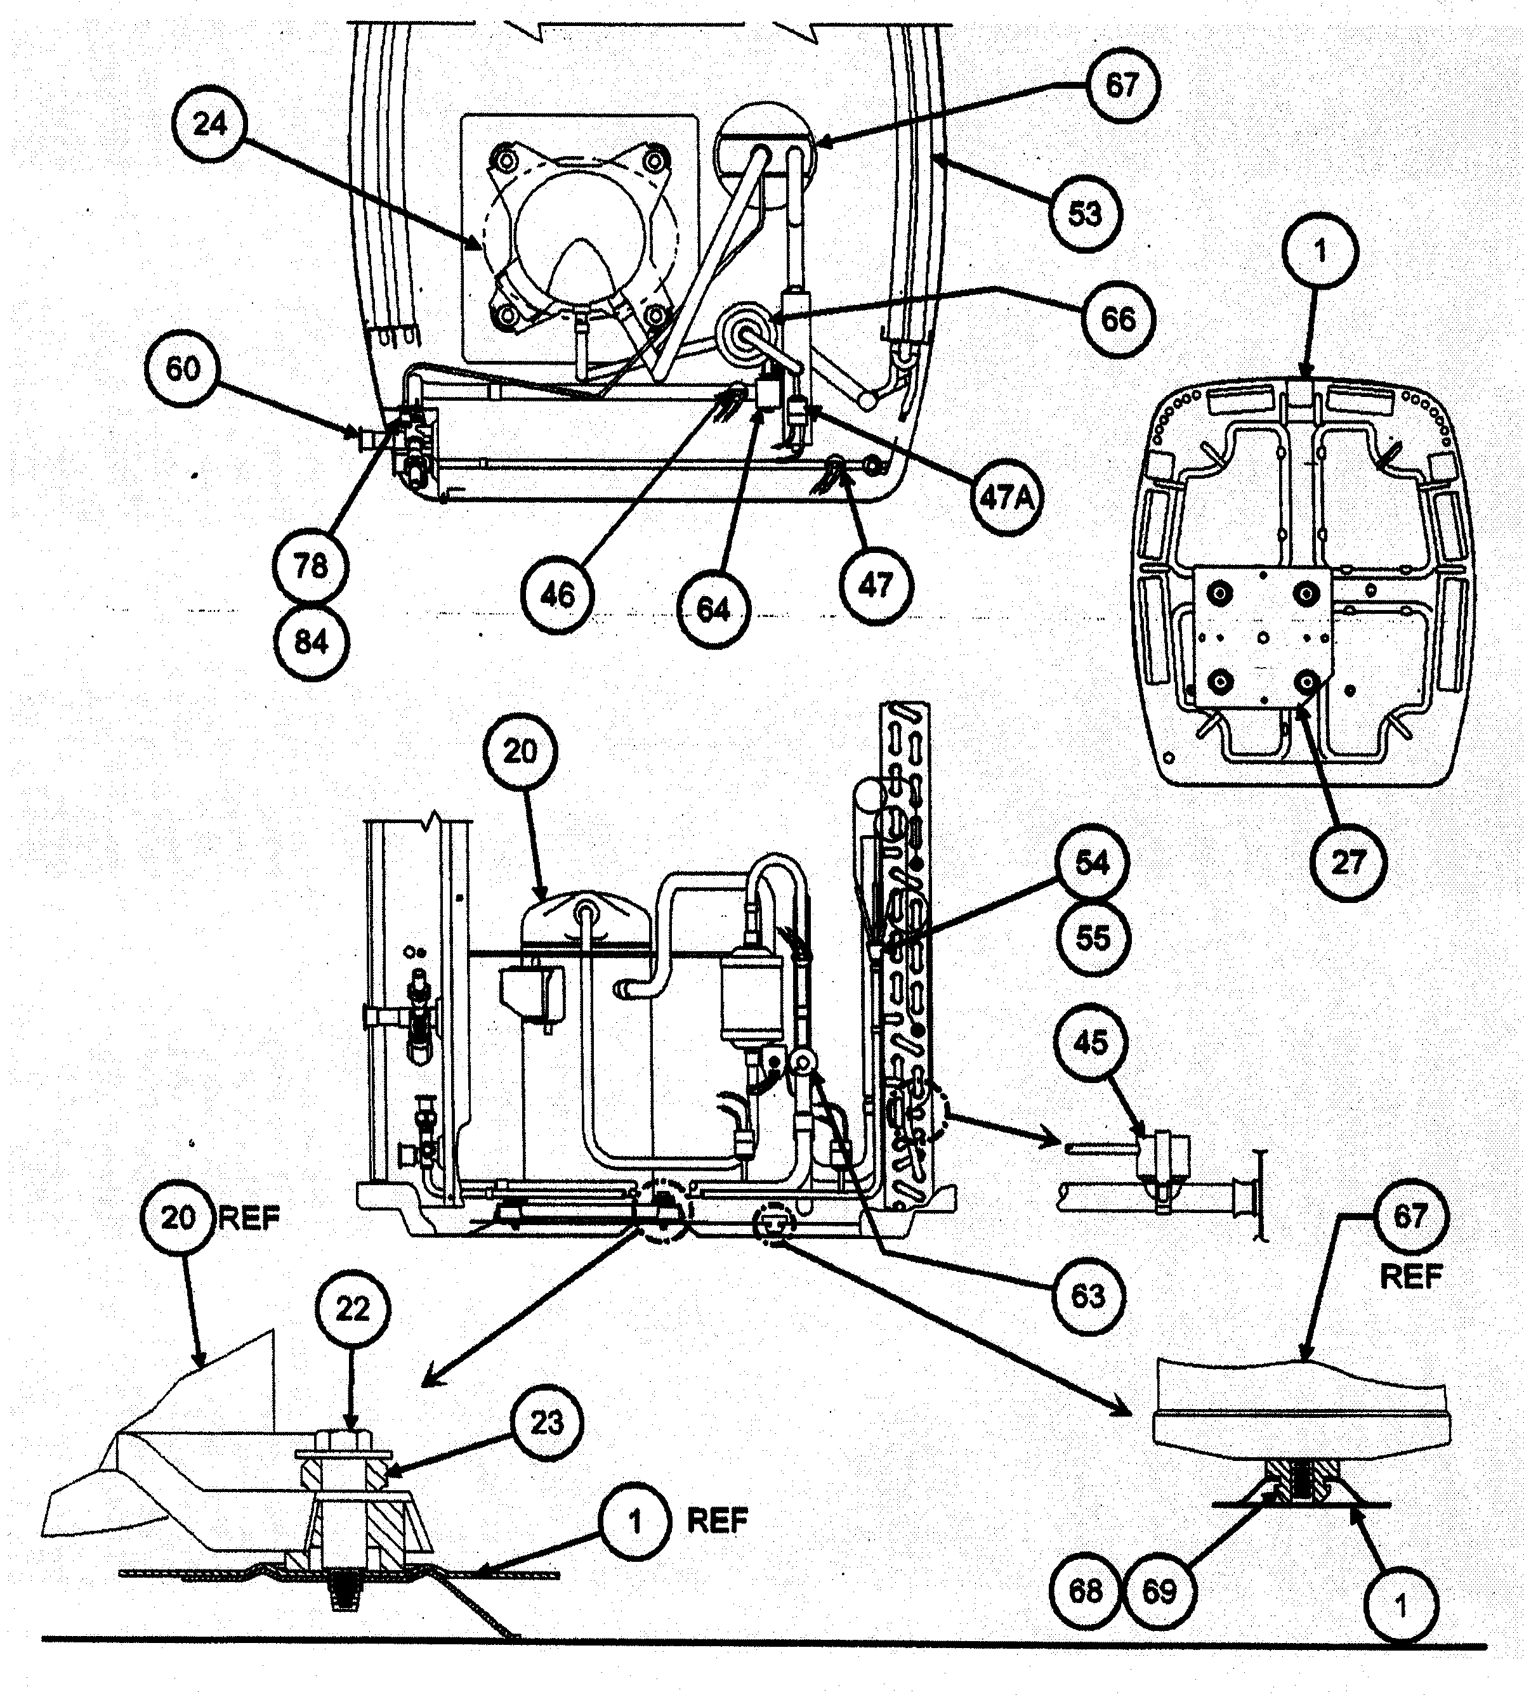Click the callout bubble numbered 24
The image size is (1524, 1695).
(x=210, y=125)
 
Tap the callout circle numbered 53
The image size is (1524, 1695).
(x=1085, y=214)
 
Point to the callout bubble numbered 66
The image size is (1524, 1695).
(x=1118, y=319)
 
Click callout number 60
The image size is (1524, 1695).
(x=183, y=368)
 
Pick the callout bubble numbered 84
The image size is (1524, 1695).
(x=311, y=643)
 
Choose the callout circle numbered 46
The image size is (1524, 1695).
(x=558, y=595)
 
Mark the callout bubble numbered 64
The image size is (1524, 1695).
(x=713, y=610)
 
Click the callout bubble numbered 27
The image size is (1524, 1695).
(x=1348, y=861)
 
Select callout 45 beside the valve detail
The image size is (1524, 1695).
(x=1090, y=1044)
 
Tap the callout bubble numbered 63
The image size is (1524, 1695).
(x=1089, y=1296)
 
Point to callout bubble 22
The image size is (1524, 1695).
(x=353, y=1308)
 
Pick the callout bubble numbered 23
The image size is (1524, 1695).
(x=547, y=1422)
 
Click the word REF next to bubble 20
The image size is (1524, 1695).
(x=249, y=1219)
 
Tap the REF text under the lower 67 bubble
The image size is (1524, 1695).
(x=1411, y=1276)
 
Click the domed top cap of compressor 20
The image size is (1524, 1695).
(x=586, y=908)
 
